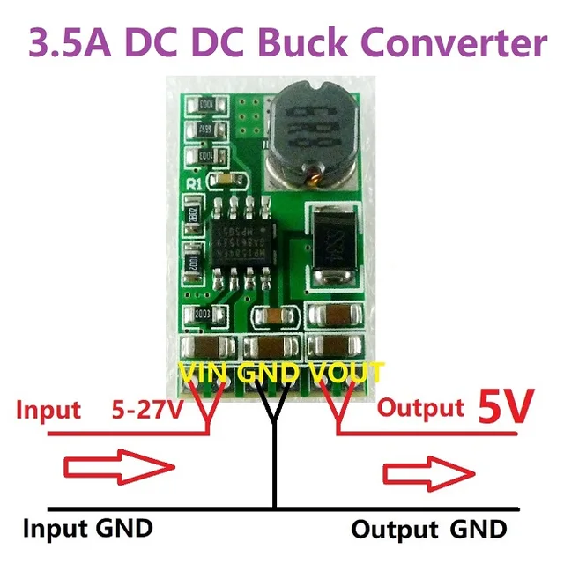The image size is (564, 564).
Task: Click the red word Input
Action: pos(49,410)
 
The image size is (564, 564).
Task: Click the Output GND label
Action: pos(429,530)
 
